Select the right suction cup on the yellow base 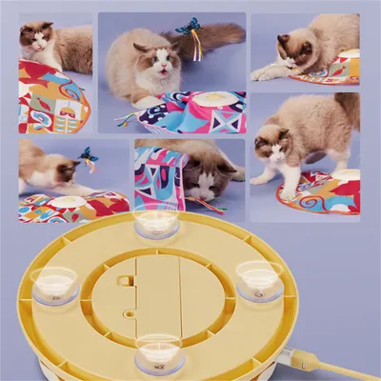coord(259,279)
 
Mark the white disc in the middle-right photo coord(344,177)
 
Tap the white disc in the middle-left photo coord(70,202)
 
